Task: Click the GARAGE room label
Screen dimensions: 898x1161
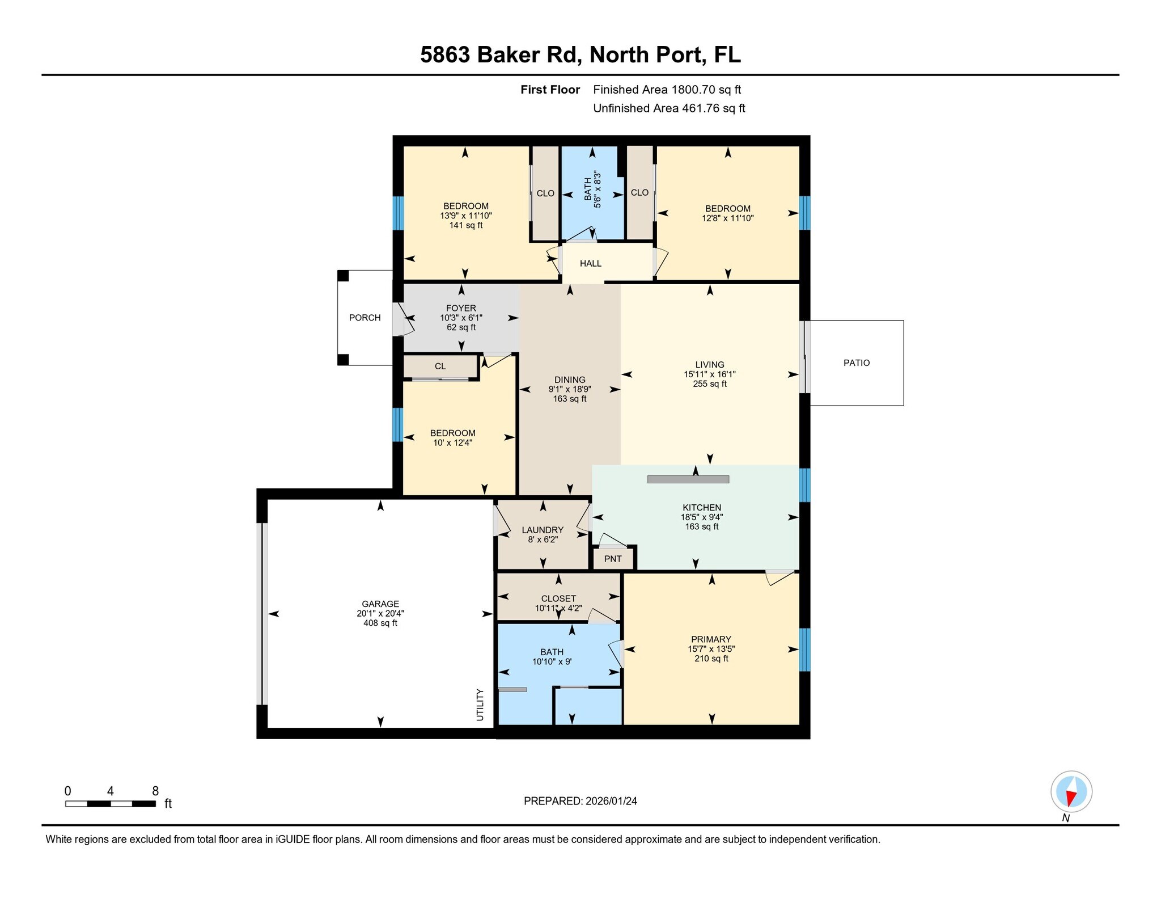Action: (x=380, y=604)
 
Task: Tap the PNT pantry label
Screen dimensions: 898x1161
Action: (x=613, y=559)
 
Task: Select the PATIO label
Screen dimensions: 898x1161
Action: (x=856, y=363)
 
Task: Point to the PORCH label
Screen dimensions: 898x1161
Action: (x=365, y=318)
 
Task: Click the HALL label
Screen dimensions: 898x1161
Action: (x=590, y=264)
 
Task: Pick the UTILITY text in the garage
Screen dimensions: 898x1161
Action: (x=480, y=705)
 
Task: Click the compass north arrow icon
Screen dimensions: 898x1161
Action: (x=1071, y=792)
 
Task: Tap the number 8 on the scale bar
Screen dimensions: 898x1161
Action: (x=155, y=791)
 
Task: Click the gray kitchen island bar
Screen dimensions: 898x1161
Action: (x=688, y=480)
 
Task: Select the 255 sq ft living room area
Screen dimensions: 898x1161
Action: (x=709, y=384)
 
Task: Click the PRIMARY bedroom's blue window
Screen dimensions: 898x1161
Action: (x=804, y=650)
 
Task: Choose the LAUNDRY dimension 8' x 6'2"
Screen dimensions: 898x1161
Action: (x=543, y=539)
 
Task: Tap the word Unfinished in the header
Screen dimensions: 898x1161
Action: (x=621, y=108)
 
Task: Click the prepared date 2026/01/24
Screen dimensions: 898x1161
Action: (x=611, y=801)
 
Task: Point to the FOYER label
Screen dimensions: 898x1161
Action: (x=461, y=309)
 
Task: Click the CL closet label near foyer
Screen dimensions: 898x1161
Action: (x=440, y=366)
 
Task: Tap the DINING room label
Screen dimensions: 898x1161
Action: (x=570, y=380)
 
